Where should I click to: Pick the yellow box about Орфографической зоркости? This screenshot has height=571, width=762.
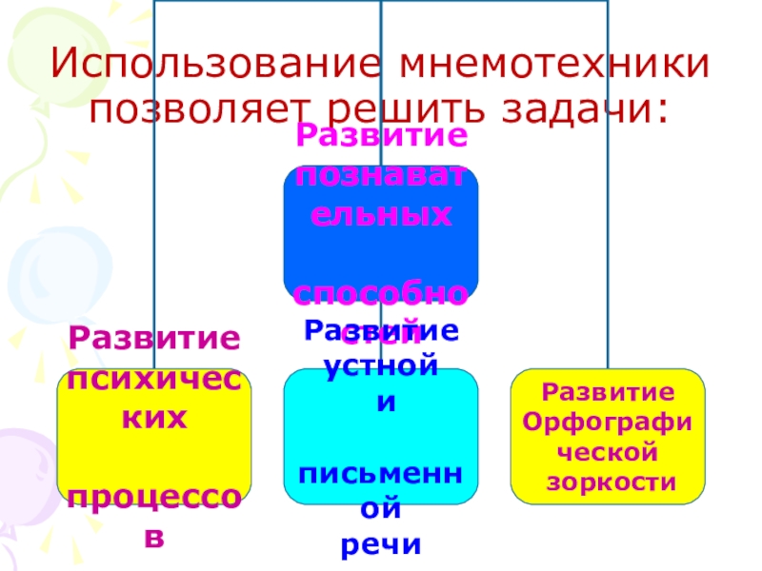pyautogui.click(x=609, y=437)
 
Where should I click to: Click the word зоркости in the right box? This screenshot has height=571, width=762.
pyautogui.click(x=609, y=483)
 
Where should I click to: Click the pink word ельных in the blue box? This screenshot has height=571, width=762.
pyautogui.click(x=380, y=215)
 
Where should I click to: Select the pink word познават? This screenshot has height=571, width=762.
pyautogui.click(x=380, y=177)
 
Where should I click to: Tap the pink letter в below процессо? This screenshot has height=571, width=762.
pyautogui.click(x=153, y=539)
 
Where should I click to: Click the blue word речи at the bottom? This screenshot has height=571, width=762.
pyautogui.click(x=380, y=545)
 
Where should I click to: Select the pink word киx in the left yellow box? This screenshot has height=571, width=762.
pyautogui.click(x=153, y=419)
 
